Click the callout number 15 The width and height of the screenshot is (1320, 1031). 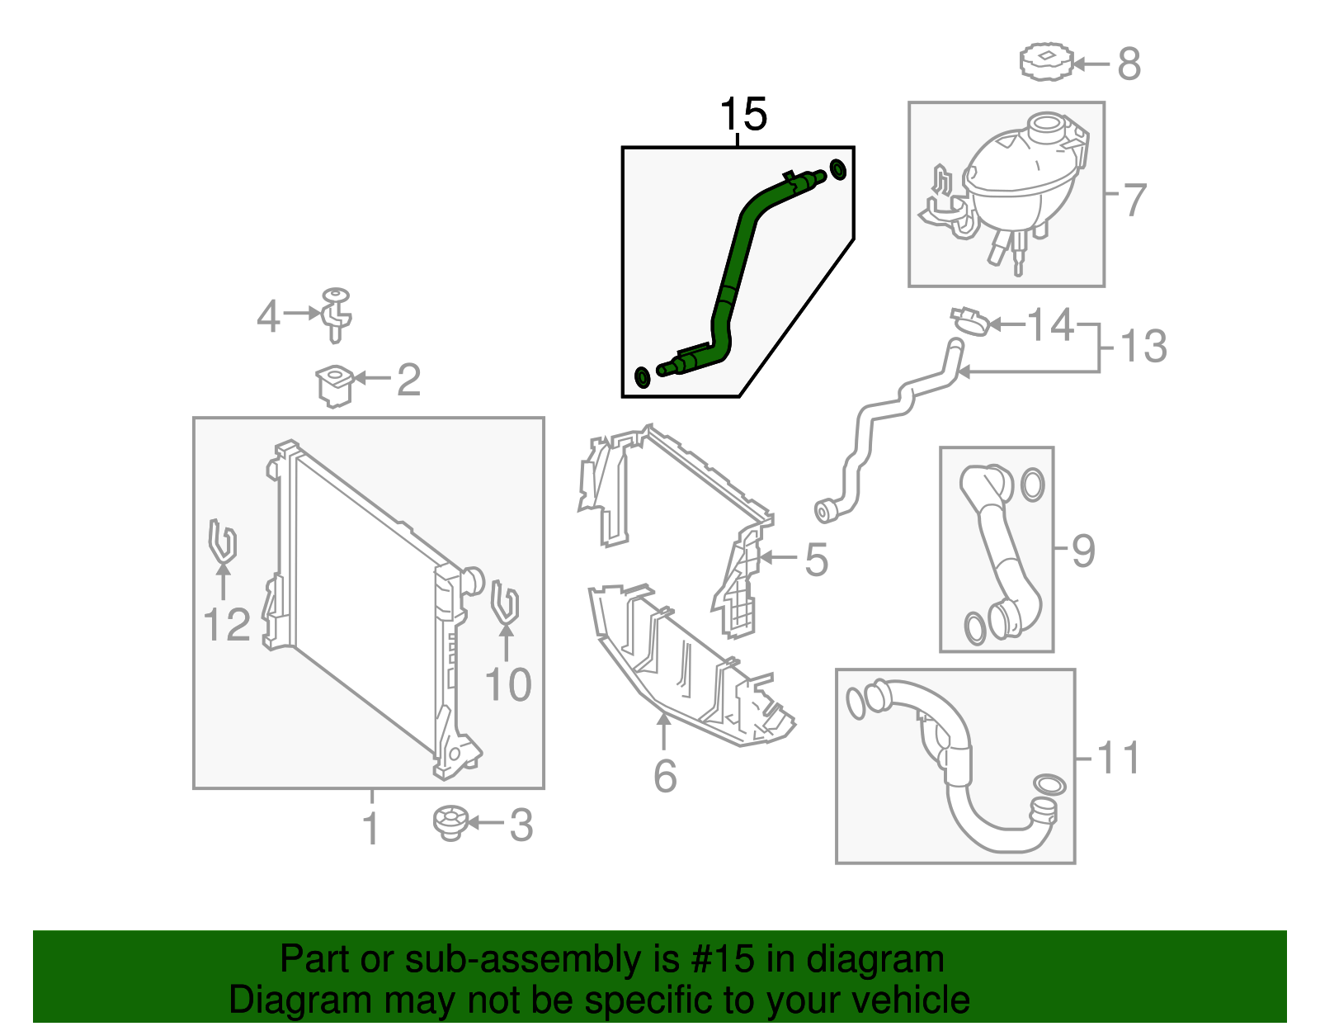click(743, 115)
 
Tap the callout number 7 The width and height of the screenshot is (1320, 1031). click(1135, 200)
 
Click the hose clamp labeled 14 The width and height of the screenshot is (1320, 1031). click(970, 321)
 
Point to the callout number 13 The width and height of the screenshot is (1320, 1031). click(1143, 346)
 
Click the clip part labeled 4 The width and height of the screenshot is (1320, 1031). click(336, 315)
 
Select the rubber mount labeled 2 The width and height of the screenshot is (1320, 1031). click(335, 385)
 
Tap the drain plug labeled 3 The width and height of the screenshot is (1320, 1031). click(450, 823)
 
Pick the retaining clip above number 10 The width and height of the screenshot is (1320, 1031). click(504, 604)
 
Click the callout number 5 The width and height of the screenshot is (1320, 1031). click(815, 560)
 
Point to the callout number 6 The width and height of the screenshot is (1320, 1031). click(665, 776)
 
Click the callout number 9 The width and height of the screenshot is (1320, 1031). click(1083, 551)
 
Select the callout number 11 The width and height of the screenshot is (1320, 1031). click(1119, 758)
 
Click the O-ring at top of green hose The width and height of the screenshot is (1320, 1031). click(837, 169)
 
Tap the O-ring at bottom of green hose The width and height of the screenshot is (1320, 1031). click(642, 376)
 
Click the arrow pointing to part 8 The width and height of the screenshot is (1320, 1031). click(1090, 64)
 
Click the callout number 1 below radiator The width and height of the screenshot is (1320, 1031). click(371, 828)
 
